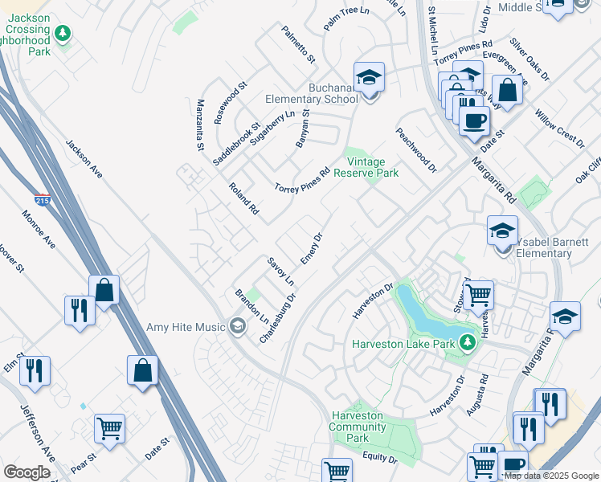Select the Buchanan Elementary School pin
[370, 78]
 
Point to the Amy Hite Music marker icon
[237, 326]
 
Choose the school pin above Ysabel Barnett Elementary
[502, 230]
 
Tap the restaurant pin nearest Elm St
[35, 370]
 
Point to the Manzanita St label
[200, 125]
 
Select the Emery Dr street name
[311, 249]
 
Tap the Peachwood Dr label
[415, 150]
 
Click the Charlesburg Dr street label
[278, 319]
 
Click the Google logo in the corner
[27, 472]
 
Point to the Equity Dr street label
[379, 458]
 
